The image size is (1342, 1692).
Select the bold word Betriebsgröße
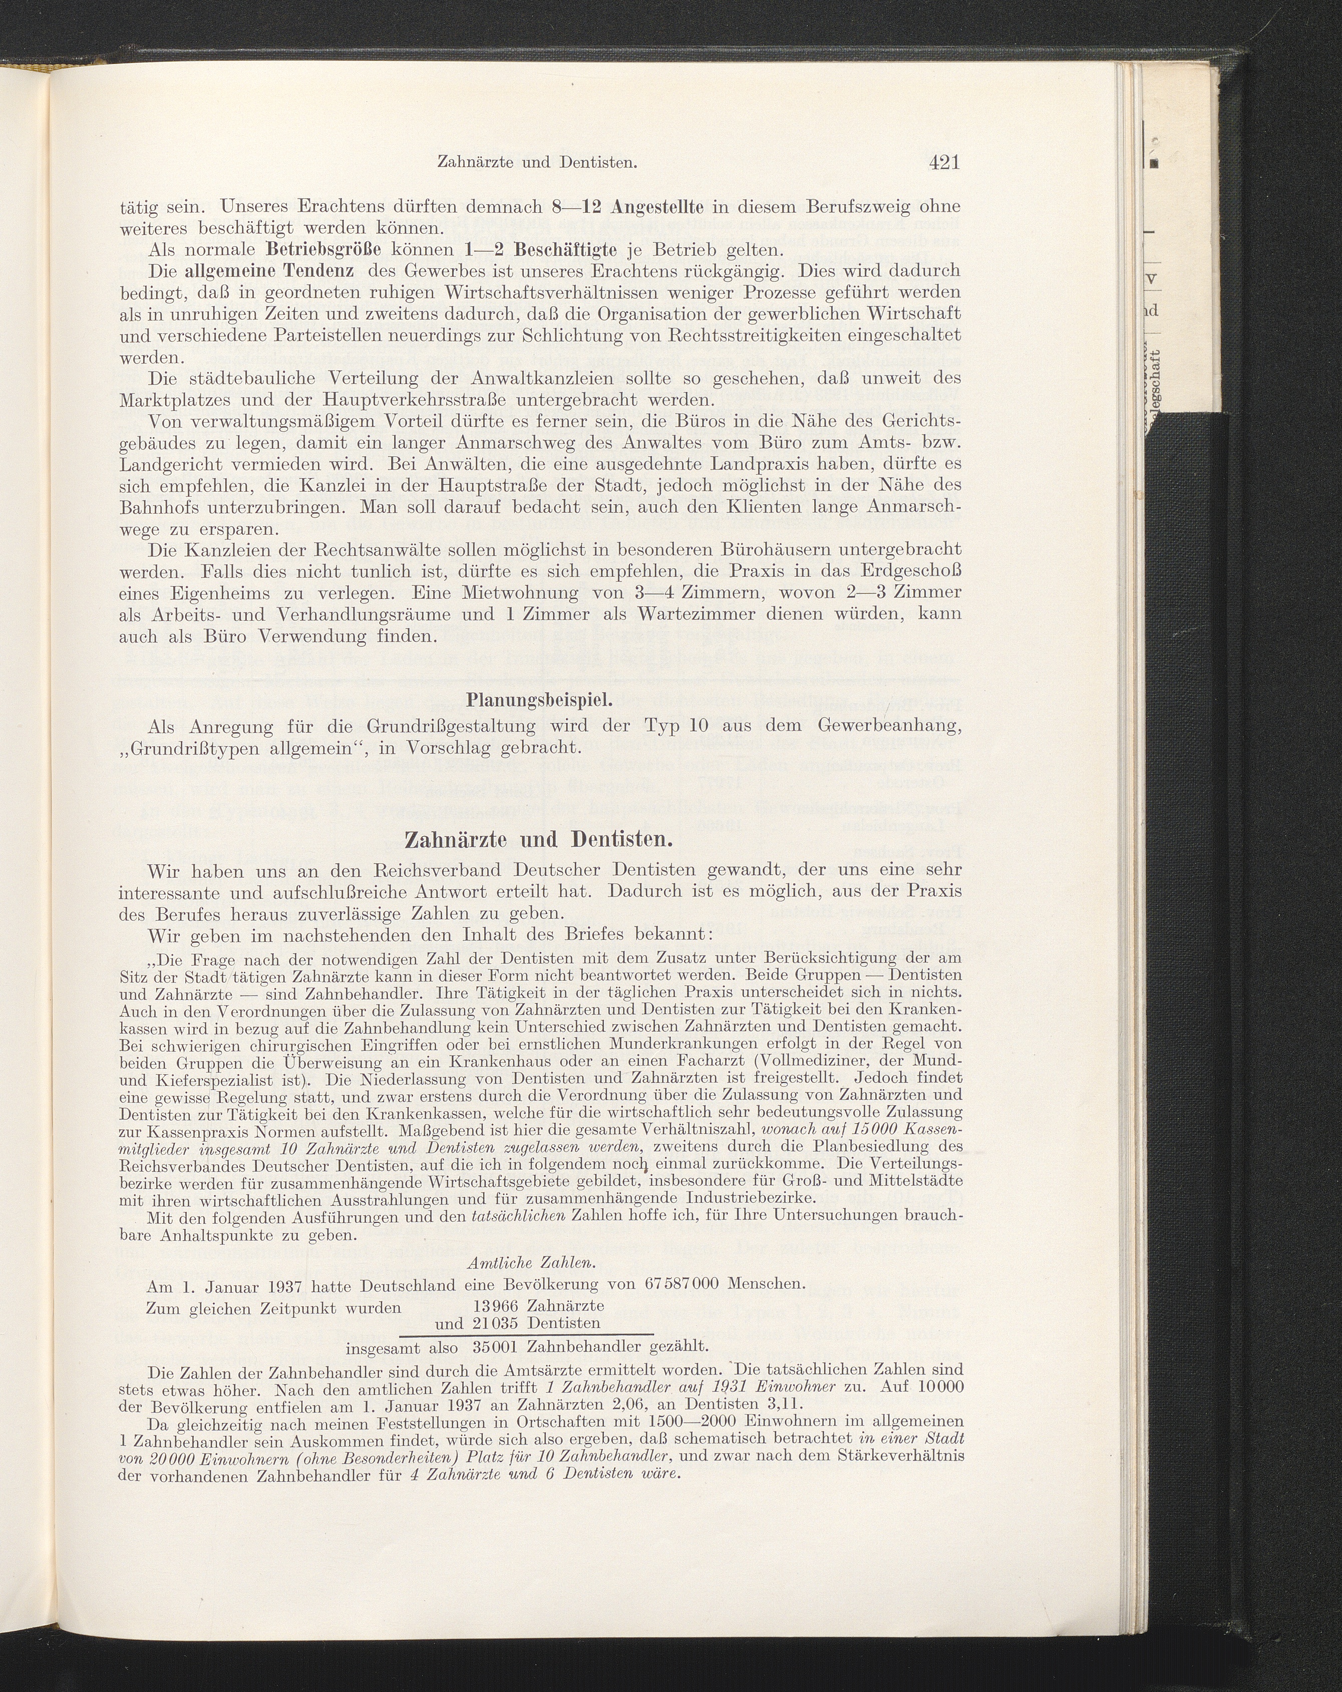coord(323,251)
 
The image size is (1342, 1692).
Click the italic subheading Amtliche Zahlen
coord(531,1263)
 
